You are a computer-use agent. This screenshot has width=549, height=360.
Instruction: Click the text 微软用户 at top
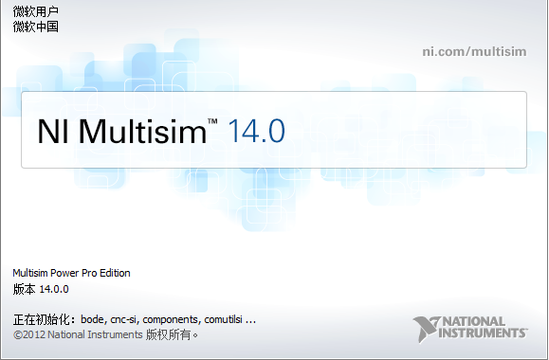36,12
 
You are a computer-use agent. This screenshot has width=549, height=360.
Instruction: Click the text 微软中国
36,27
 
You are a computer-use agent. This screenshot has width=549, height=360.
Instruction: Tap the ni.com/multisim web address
475,50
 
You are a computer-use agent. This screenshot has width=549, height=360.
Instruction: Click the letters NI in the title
53,131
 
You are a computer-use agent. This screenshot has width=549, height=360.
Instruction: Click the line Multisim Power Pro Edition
71,273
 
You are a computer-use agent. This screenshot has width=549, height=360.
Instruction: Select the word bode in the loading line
93,319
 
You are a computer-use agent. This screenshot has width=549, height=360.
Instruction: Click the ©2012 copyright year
29,334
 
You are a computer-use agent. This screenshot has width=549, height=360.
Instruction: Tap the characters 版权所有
171,334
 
